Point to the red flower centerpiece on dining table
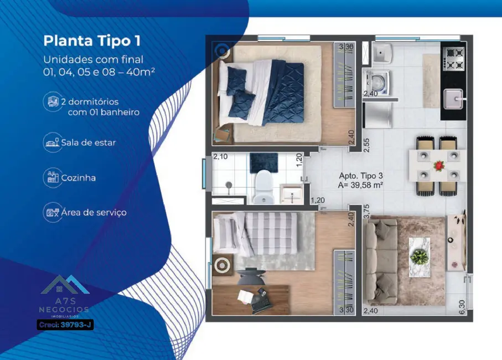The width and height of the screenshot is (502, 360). click(x=439, y=165)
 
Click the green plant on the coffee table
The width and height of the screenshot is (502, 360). click(x=420, y=256)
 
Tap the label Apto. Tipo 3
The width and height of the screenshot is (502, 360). click(x=361, y=176)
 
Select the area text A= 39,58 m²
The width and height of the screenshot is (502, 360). click(x=361, y=186)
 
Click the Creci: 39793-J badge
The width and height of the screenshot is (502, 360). click(x=65, y=325)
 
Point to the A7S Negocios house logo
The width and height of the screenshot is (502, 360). click(x=65, y=286)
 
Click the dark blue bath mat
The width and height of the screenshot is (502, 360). click(x=258, y=162)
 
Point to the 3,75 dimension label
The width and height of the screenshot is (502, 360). click(x=366, y=213)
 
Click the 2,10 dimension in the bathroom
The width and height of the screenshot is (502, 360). click(x=220, y=157)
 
